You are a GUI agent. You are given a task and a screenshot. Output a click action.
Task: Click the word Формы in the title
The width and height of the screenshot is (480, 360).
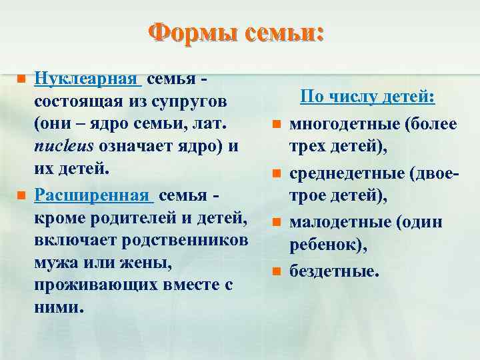click(189, 33)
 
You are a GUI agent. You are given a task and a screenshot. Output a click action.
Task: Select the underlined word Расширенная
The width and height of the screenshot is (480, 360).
click(92, 195)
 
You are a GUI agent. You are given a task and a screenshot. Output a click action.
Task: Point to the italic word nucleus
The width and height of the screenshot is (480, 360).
click(62, 146)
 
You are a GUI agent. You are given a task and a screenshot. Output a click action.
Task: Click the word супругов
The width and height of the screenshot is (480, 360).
click(188, 102)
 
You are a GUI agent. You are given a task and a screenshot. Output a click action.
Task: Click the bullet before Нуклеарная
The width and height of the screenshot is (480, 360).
click(20, 79)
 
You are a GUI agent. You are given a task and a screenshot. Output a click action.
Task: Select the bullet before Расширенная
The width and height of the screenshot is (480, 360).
click(20, 195)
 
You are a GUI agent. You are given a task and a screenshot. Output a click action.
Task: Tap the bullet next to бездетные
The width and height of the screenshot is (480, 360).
click(274, 271)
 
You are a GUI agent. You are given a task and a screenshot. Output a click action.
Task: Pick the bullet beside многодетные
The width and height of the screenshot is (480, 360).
click(274, 123)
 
